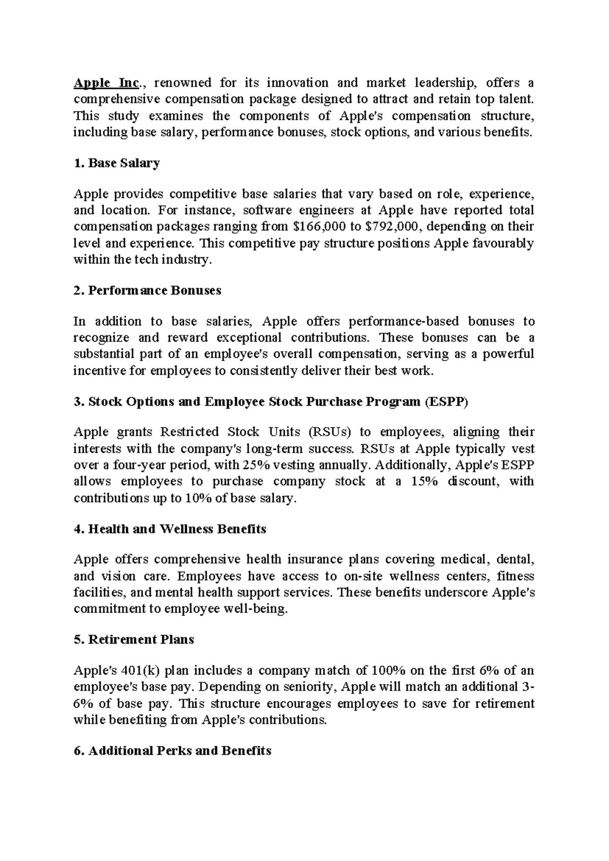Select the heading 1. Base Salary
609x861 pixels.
click(117, 163)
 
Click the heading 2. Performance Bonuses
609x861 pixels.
click(148, 290)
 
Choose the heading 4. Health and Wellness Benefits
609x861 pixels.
click(170, 529)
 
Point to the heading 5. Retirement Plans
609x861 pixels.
click(134, 640)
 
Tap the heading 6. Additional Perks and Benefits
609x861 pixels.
click(173, 751)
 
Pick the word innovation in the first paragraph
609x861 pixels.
click(298, 82)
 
